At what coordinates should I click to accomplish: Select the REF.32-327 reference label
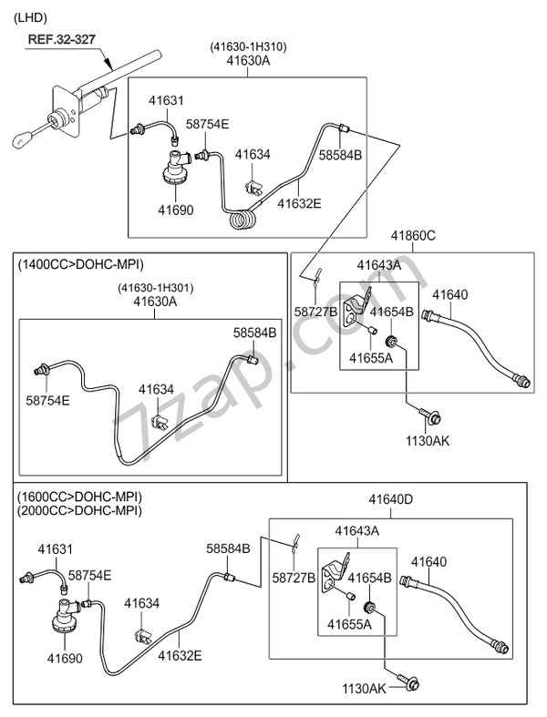click(x=60, y=40)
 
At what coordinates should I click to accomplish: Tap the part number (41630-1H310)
click(x=250, y=46)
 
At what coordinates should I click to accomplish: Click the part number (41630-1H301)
click(x=155, y=289)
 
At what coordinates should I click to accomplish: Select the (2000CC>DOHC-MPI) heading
click(x=79, y=511)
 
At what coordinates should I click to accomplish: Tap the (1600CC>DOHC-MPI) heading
click(x=79, y=497)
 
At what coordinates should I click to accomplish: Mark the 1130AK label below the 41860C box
click(x=428, y=440)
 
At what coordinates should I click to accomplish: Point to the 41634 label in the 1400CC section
click(x=156, y=389)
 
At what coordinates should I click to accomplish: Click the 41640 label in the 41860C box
click(x=449, y=294)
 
